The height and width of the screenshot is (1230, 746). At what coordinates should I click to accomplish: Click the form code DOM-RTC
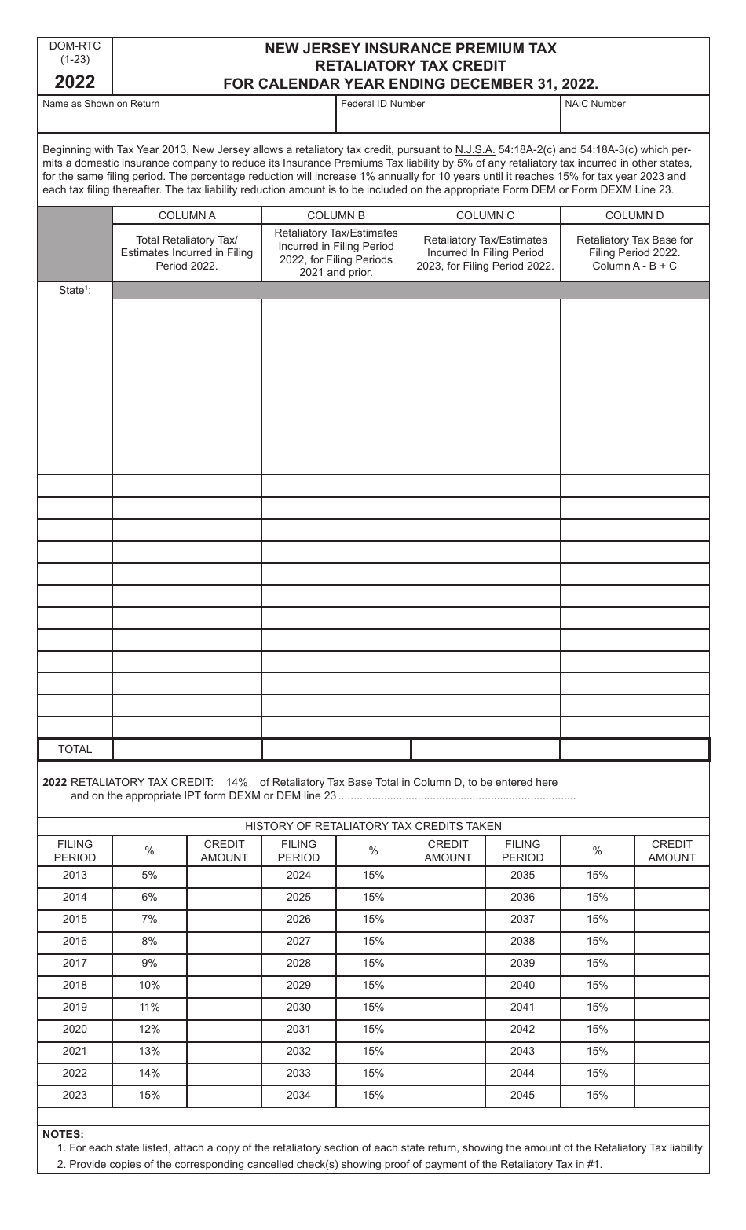(x=75, y=46)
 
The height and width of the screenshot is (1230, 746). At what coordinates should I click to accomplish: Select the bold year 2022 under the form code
(x=75, y=82)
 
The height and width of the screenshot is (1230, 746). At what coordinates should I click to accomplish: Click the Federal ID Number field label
(x=382, y=104)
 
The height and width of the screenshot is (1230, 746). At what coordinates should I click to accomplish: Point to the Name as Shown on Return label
(x=101, y=104)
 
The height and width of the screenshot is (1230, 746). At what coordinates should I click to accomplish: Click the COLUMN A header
(x=187, y=215)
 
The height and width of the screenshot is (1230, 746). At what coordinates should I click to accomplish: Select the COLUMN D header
(x=634, y=215)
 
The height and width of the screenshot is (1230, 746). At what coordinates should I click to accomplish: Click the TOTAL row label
(x=75, y=749)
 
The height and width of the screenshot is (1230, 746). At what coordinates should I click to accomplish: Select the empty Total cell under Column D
(x=634, y=749)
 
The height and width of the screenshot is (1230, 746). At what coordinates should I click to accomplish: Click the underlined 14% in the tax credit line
(x=236, y=782)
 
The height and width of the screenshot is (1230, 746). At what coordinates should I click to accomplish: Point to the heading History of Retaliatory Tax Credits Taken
(x=373, y=826)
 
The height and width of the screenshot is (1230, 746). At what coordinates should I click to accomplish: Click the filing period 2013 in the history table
(x=75, y=876)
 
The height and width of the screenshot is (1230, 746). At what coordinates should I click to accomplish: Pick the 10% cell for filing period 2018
(x=149, y=986)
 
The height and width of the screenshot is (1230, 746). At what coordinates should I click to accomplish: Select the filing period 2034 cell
(x=298, y=1096)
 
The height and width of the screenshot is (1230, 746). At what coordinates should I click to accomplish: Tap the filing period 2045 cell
(x=522, y=1096)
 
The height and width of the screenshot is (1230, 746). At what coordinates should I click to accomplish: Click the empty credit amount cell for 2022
(x=224, y=1074)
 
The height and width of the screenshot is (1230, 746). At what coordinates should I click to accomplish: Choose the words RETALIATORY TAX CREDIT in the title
(x=411, y=66)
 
